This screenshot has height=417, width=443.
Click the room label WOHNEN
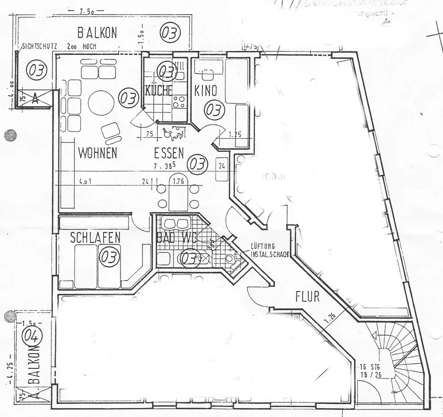(97, 153)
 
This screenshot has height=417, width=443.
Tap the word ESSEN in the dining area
(169, 153)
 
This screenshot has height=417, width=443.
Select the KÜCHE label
(158, 91)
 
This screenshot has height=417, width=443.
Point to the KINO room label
(206, 91)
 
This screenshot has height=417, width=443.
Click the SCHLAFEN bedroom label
(95, 238)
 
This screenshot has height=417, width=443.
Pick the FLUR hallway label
(307, 296)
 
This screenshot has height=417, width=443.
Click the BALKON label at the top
(97, 33)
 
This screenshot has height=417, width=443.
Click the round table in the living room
(101, 103)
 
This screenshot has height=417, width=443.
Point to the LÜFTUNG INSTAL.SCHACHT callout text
(269, 251)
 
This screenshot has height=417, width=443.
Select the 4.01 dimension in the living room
(86, 181)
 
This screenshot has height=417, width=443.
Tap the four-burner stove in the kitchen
(179, 102)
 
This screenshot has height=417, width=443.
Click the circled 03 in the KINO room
(214, 109)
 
